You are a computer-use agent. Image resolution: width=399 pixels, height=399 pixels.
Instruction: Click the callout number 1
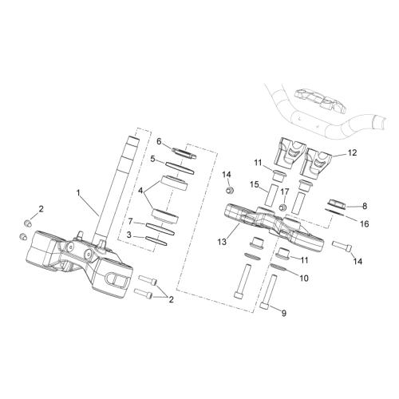(x=78, y=192)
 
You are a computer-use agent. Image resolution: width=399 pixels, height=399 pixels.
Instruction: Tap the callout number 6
(x=159, y=141)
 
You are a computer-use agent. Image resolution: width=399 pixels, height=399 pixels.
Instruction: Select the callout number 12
(x=352, y=152)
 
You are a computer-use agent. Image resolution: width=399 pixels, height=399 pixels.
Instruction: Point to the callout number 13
(x=222, y=242)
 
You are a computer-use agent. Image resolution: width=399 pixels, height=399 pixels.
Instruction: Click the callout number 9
(x=284, y=314)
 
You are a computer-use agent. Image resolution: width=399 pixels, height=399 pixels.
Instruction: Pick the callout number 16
(x=365, y=224)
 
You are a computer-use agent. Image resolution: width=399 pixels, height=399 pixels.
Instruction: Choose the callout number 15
(x=255, y=184)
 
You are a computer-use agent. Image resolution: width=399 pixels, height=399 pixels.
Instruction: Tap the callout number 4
(x=141, y=191)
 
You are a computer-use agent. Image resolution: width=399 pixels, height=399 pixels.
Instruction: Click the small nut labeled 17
(x=283, y=207)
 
